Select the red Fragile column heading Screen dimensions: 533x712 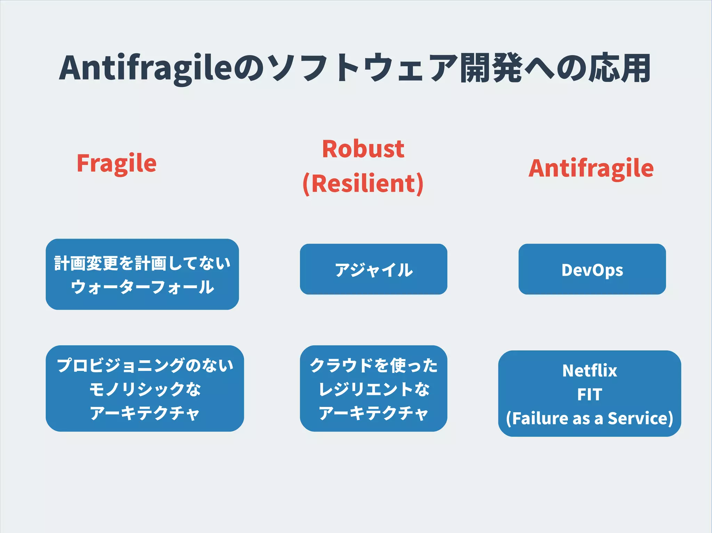point(116,163)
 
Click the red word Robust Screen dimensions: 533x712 point(363,149)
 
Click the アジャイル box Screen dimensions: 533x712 point(373,269)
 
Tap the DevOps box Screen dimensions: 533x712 point(592,269)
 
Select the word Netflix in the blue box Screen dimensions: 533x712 point(590,370)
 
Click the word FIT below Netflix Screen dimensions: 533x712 point(590,394)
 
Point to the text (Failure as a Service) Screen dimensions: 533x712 point(590,418)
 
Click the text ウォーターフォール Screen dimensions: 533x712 point(143,287)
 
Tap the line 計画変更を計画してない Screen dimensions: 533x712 point(143,263)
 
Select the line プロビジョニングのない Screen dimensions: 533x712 point(145,365)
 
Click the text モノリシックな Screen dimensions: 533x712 point(145,389)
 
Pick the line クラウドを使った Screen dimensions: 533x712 point(373,365)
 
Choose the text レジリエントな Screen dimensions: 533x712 point(373,389)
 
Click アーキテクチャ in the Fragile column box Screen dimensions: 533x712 point(145,413)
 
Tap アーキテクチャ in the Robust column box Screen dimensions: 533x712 point(373,413)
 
